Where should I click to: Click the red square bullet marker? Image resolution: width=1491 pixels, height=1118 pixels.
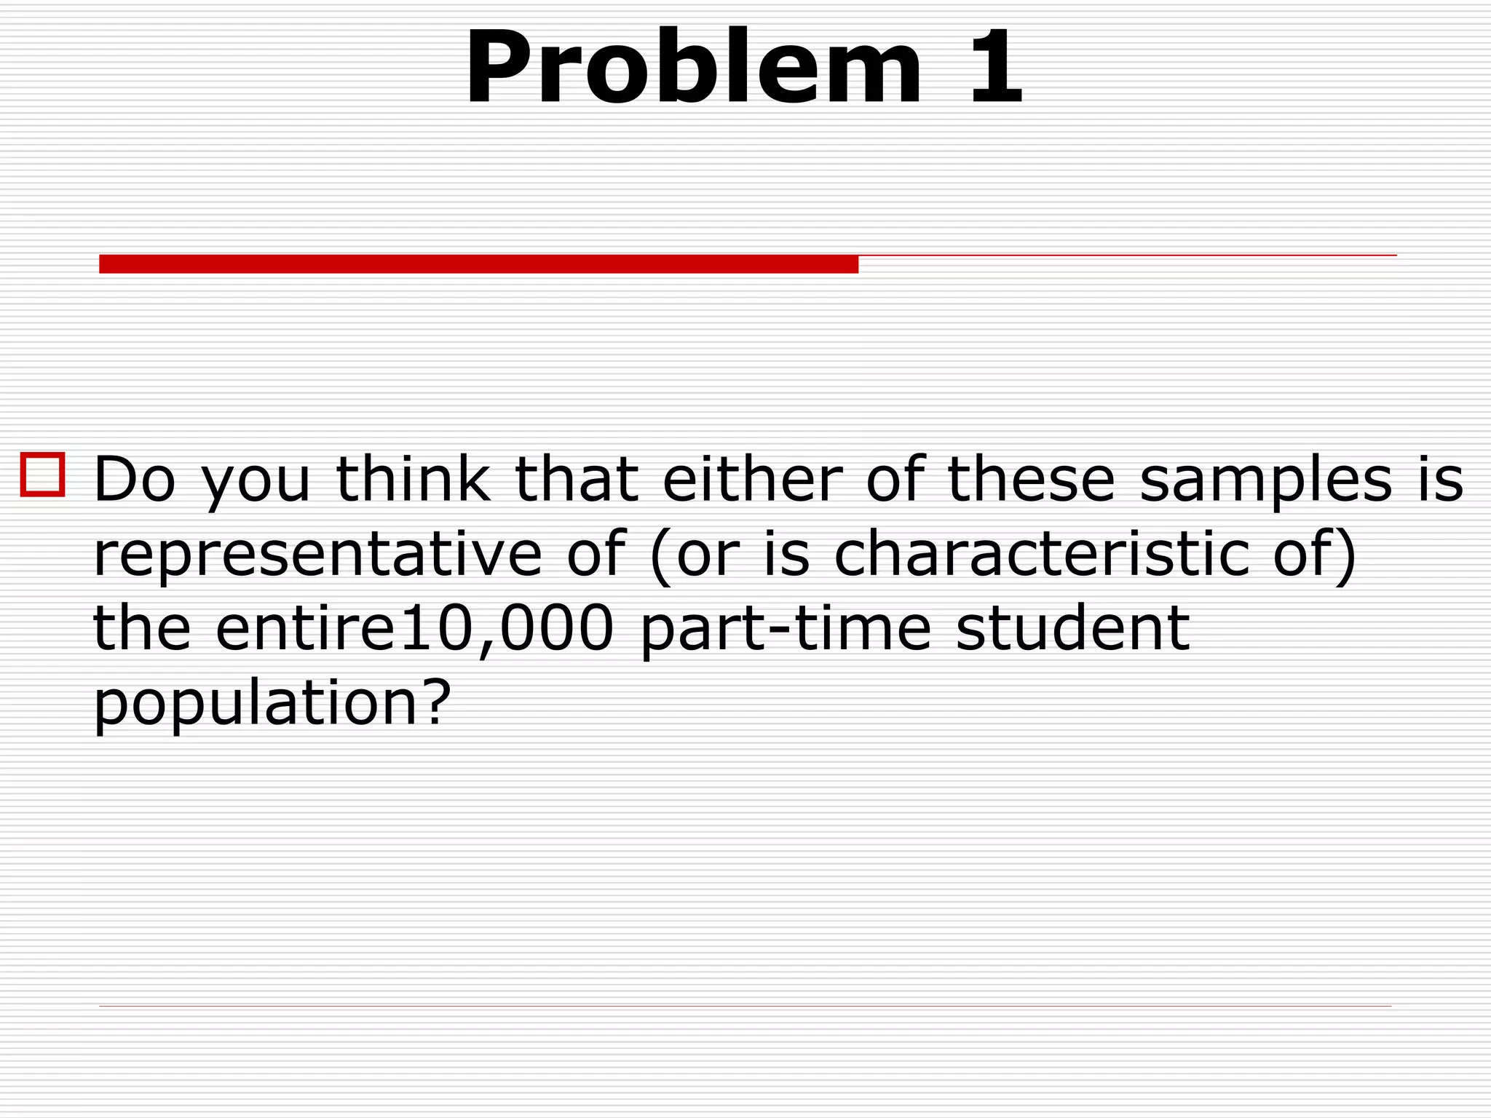pos(43,475)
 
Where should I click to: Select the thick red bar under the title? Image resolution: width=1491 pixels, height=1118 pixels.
pos(478,264)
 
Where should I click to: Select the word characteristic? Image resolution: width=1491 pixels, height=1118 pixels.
pos(1041,555)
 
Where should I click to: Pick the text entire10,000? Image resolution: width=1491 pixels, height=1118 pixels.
pos(416,629)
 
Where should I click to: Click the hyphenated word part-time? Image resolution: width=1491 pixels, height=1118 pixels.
pos(786,630)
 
